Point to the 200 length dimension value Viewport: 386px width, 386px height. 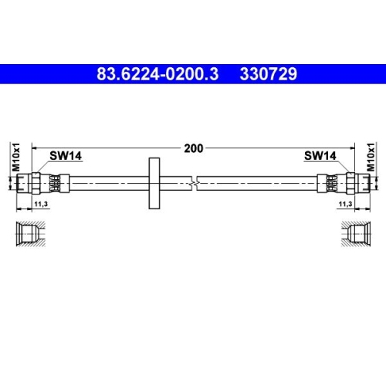[193, 148]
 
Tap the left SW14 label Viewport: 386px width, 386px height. [66, 156]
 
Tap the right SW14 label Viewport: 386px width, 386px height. [320, 156]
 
